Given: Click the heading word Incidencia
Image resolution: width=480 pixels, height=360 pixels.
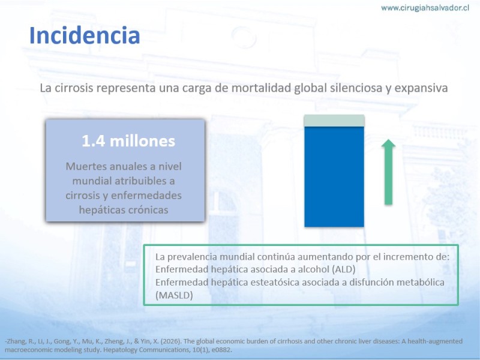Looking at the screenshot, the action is point(85,35).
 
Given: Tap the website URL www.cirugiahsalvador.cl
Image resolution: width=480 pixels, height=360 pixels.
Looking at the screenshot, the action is point(425,8).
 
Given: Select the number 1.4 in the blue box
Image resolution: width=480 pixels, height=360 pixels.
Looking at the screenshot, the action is point(94,141).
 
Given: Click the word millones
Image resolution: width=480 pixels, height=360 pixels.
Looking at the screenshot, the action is point(142,141).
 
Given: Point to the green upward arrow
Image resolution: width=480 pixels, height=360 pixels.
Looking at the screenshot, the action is point(388,172).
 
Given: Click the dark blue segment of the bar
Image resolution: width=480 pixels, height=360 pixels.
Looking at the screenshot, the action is point(334,176).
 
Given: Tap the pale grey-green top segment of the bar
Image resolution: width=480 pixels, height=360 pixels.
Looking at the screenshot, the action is point(334,121).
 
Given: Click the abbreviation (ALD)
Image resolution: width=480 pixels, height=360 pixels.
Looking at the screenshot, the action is point(343,269).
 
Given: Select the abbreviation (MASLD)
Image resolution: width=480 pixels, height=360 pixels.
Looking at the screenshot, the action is point(174,295).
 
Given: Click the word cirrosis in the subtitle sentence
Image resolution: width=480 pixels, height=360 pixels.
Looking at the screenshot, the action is point(73,88).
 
